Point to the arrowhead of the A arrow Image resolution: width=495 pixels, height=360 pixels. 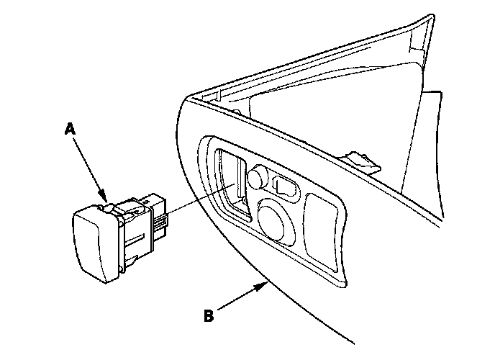105,199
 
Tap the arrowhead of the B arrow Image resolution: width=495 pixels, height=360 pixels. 265,284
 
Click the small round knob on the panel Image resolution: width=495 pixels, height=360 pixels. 258,176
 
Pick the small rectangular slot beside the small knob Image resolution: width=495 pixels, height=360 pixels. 285,186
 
